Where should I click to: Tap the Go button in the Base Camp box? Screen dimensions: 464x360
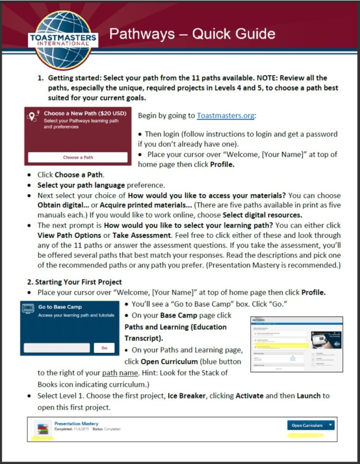point(104,348)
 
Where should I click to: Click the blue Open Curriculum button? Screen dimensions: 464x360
point(307,425)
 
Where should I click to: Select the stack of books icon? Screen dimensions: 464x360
point(43,428)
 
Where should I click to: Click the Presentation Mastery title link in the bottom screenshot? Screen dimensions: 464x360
point(76,423)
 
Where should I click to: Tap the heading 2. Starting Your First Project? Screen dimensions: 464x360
point(75,282)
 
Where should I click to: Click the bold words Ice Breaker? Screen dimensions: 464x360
point(187,396)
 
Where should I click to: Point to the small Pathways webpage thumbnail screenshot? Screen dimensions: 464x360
point(297,344)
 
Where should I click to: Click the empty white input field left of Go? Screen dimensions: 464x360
point(57,348)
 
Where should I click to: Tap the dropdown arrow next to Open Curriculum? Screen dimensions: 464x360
point(330,425)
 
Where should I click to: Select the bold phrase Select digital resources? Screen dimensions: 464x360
point(262,215)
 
